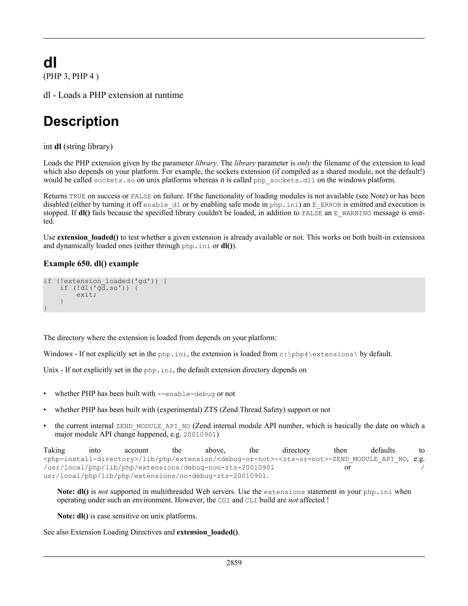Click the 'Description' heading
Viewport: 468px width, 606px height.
pyautogui.click(x=81, y=121)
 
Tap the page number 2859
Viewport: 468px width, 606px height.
pyautogui.click(x=234, y=563)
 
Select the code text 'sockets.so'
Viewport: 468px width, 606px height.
pyautogui.click(x=114, y=180)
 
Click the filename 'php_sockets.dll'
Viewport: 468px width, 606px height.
pyautogui.click(x=284, y=180)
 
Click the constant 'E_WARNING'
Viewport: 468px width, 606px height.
pyautogui.click(x=352, y=213)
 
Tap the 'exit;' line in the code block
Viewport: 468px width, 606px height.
pyautogui.click(x=86, y=295)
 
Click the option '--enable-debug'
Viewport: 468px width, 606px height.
pyautogui.click(x=186, y=394)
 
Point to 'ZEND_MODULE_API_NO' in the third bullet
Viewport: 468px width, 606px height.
pyautogui.click(x=153, y=426)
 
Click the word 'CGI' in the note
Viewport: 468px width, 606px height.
pyautogui.click(x=224, y=501)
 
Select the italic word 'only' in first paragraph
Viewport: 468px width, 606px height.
pyautogui.click(x=304, y=163)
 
